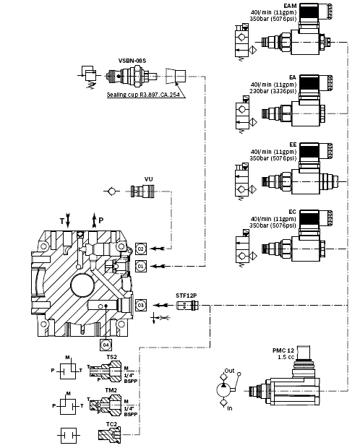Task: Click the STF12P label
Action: [x=187, y=296]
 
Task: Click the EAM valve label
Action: [x=290, y=5]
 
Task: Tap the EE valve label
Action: [x=292, y=145]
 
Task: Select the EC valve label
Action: [x=292, y=211]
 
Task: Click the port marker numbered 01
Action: [x=141, y=266]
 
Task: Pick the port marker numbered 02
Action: [x=141, y=249]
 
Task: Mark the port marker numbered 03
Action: [x=141, y=306]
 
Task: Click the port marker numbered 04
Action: [x=106, y=333]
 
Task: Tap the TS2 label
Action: [x=112, y=356]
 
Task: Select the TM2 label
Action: [x=112, y=390]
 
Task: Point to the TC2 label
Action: [x=112, y=423]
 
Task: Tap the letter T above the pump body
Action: [x=63, y=217]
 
